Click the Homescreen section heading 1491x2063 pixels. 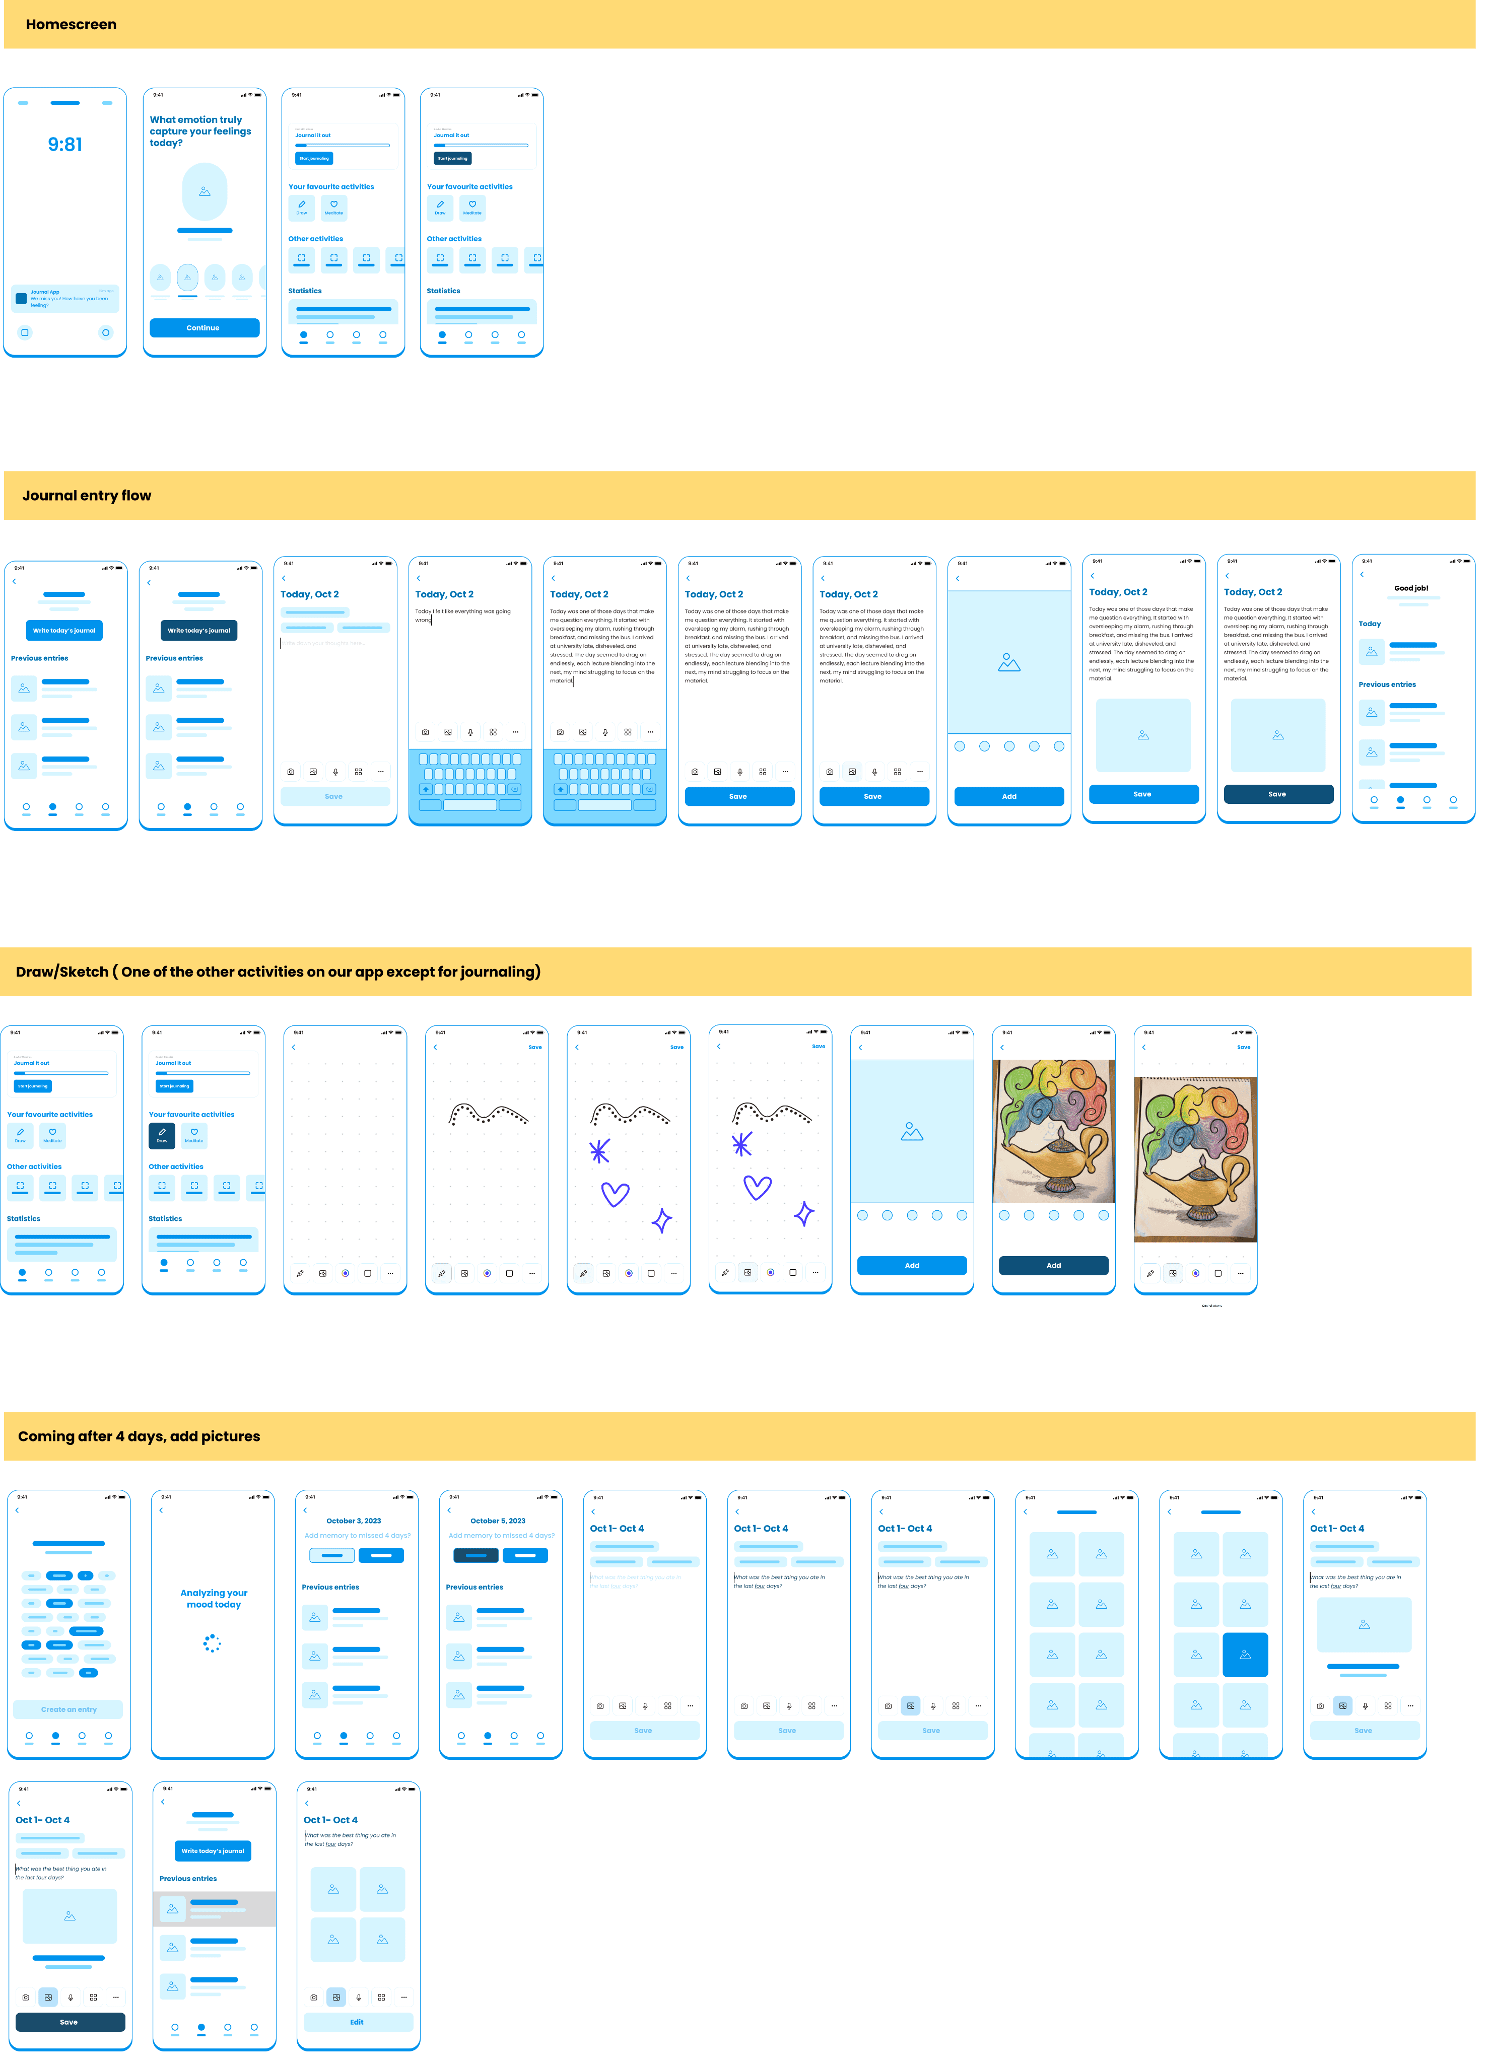[71, 25]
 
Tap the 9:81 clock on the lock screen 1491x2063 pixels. [64, 145]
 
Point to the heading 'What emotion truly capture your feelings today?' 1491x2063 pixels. [200, 131]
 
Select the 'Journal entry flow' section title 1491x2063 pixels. [87, 496]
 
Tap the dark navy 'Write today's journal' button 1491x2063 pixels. [198, 631]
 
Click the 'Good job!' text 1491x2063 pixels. [1411, 588]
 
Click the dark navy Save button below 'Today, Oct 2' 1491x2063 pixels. [1277, 794]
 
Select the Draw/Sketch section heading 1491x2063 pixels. [278, 972]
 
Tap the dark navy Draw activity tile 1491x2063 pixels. [162, 1135]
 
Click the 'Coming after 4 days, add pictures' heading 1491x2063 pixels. [139, 1436]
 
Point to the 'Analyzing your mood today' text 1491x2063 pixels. [214, 1598]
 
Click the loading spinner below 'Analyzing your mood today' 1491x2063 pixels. [212, 1643]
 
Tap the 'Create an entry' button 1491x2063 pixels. [68, 1709]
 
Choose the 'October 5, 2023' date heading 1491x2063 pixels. [498, 1521]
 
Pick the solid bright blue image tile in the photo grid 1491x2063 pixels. [1245, 1655]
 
